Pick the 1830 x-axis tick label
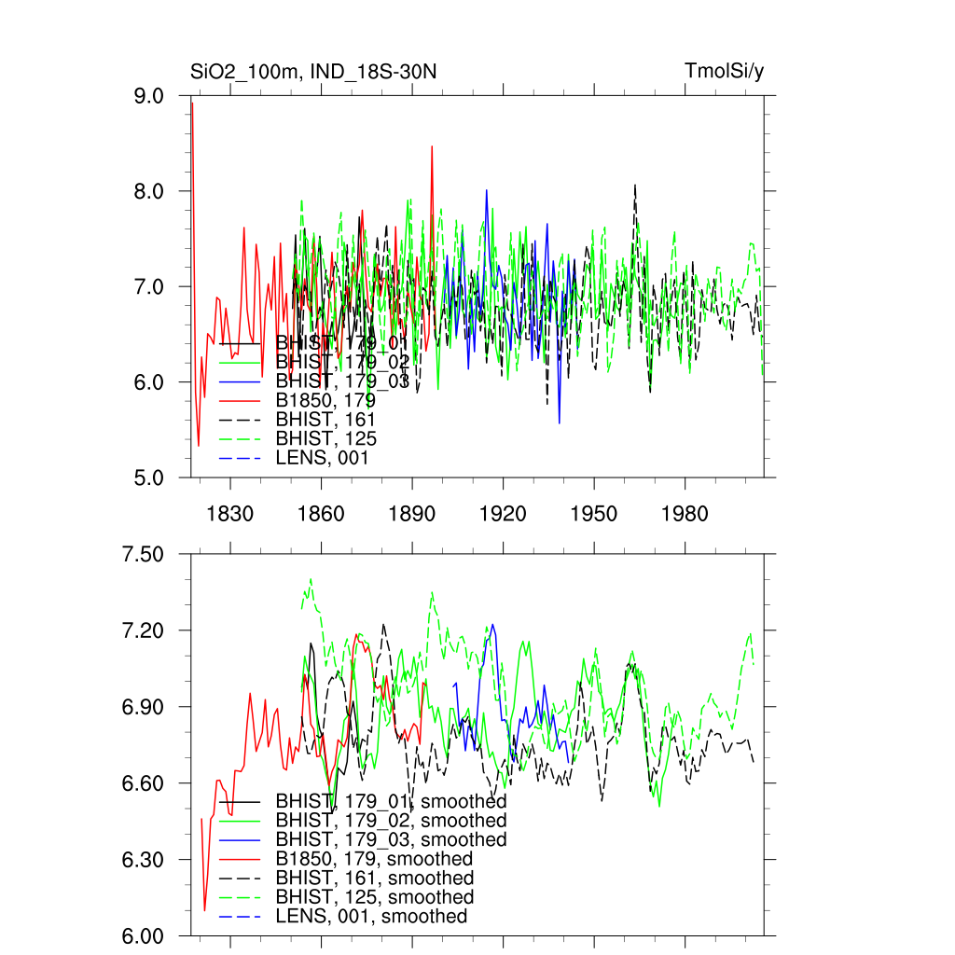point(231,514)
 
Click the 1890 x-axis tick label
point(412,514)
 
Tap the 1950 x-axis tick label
point(594,514)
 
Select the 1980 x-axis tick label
point(685,514)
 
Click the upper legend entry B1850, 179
point(325,401)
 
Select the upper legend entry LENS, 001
point(322,458)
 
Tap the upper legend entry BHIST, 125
point(325,439)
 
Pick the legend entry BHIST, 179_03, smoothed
point(391,839)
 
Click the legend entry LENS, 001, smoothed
point(370,916)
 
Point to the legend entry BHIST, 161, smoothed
point(374,878)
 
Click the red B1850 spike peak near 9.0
point(192,102)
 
